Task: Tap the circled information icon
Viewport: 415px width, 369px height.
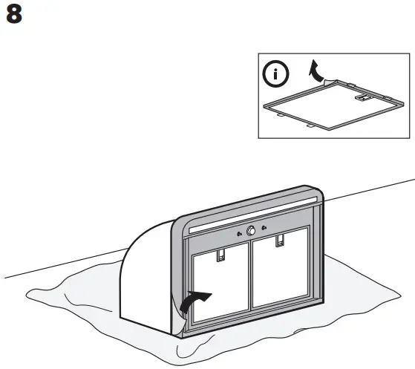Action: pos(278,74)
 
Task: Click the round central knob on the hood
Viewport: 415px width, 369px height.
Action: pos(252,231)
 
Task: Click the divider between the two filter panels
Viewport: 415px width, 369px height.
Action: pos(249,282)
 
